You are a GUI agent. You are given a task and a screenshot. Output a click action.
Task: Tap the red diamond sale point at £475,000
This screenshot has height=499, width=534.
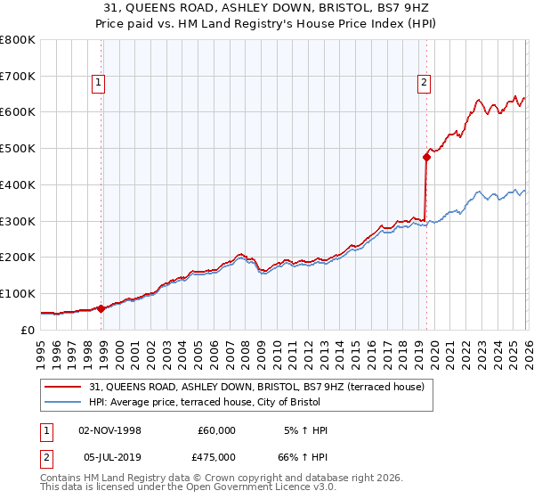pyautogui.click(x=426, y=158)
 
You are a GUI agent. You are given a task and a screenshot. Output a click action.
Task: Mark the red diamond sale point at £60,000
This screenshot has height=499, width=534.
pyautogui.click(x=101, y=308)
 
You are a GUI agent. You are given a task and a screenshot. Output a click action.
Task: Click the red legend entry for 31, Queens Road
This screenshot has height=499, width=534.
pyautogui.click(x=258, y=387)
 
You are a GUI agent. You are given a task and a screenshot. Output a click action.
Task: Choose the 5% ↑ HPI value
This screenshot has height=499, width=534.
pyautogui.click(x=307, y=430)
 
